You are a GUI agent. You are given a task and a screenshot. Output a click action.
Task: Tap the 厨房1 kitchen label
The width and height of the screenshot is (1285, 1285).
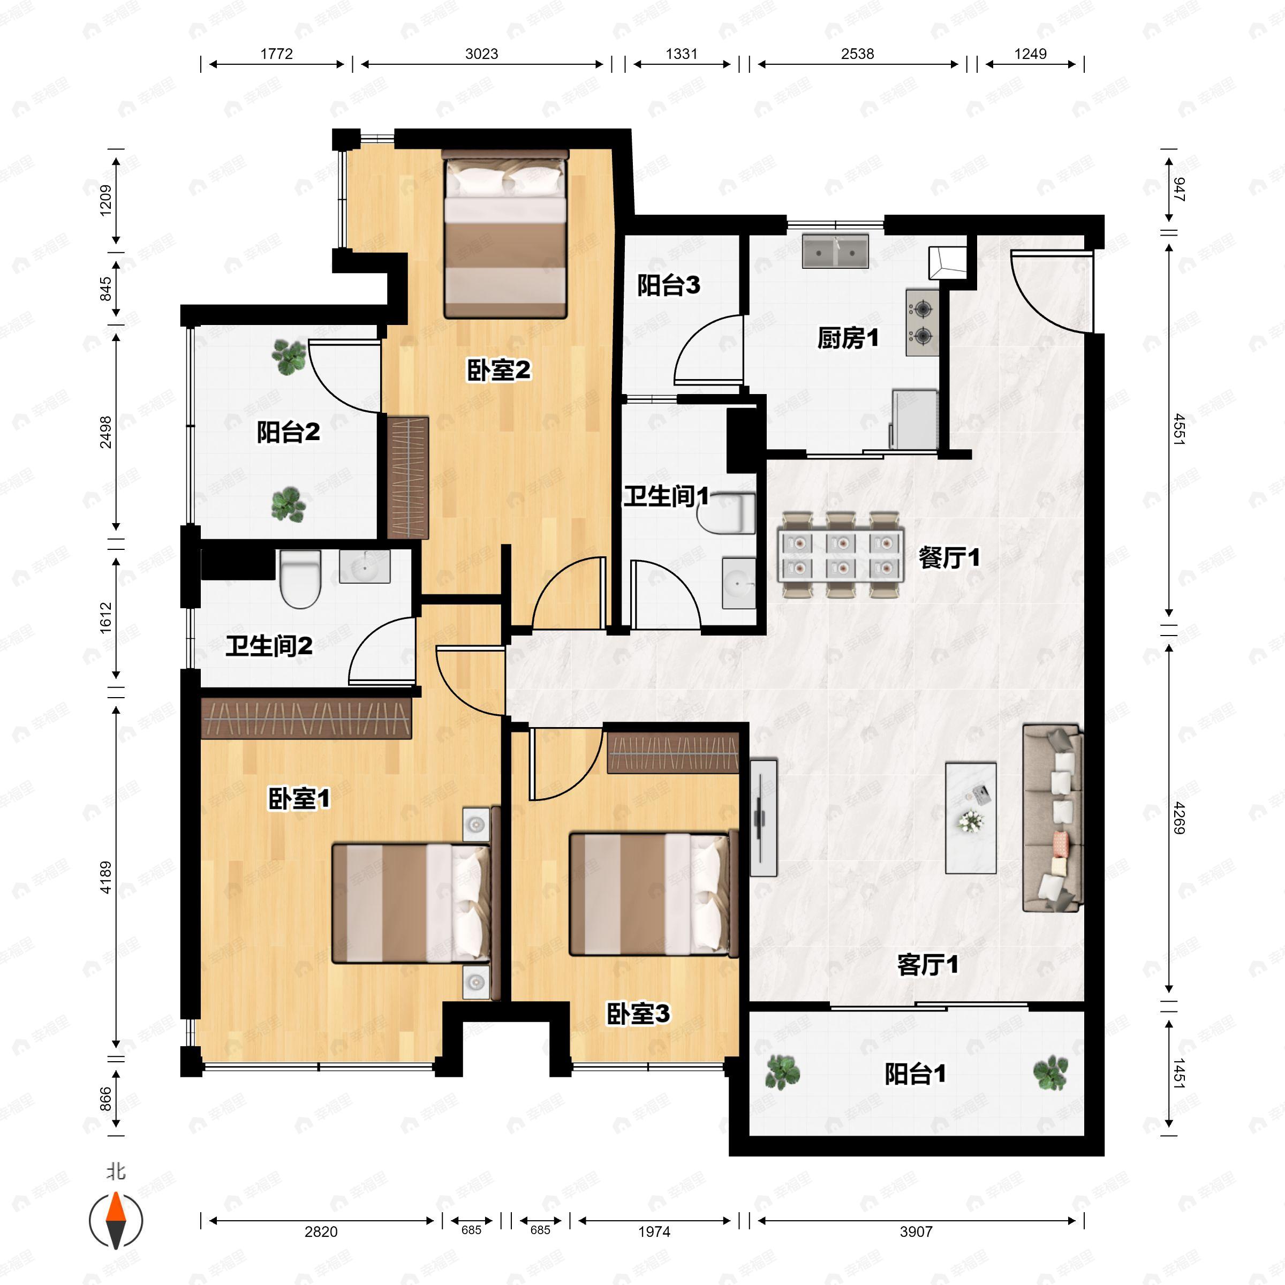coord(848,338)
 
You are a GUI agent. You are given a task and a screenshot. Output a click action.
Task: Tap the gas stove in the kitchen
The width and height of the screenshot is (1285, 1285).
coord(922,322)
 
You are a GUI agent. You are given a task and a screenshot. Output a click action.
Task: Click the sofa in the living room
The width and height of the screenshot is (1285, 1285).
coord(1052,818)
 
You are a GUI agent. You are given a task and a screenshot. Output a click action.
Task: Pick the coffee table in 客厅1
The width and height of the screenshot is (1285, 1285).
coord(970,818)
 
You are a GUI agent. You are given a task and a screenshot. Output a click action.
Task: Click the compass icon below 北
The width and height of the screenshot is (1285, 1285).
coord(116,1221)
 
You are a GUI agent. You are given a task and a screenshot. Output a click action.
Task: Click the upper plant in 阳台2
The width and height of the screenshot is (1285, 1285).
coord(289,357)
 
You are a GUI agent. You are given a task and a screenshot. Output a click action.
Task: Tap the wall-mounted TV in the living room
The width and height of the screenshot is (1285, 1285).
coord(763,818)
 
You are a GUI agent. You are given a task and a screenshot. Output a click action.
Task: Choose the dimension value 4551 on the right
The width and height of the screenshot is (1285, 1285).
coord(1178,429)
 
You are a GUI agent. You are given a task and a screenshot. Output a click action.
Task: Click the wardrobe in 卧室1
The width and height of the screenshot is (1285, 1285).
coord(306,719)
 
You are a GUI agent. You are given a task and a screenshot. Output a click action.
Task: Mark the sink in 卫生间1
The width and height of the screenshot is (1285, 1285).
coord(738,583)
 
